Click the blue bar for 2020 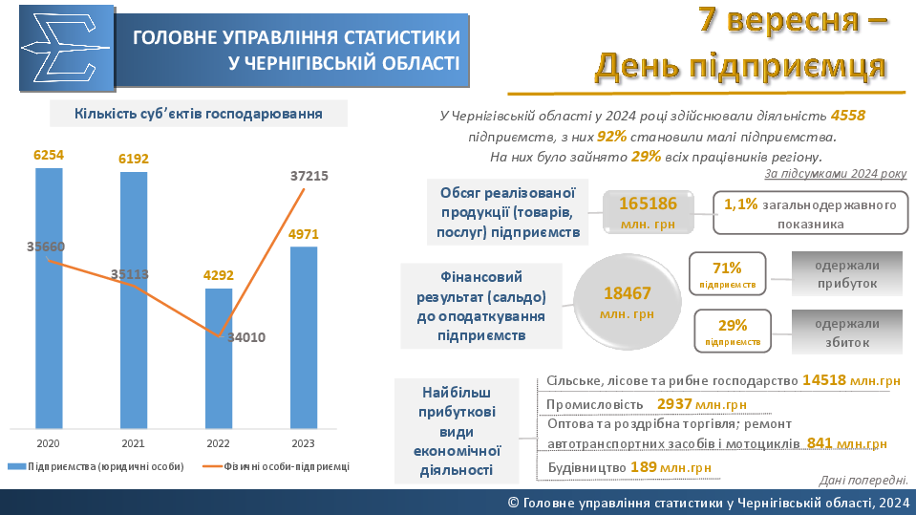click(50, 296)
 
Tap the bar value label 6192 click(134, 159)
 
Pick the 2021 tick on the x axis click(134, 443)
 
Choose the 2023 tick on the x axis click(303, 443)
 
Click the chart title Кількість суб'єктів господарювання click(199, 114)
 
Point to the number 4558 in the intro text click(848, 116)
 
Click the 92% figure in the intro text click(611, 137)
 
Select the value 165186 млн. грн click(649, 212)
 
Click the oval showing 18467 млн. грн click(627, 302)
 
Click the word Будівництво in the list click(587, 467)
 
